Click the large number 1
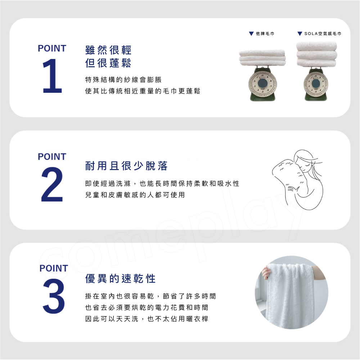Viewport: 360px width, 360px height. (53, 76)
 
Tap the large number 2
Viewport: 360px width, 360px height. (52, 184)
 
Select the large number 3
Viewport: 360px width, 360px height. (54, 296)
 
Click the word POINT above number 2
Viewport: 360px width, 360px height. (52, 157)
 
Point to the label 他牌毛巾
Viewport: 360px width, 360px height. (265, 34)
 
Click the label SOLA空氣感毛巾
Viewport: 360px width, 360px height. (323, 34)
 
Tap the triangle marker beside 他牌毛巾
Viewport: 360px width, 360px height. (251, 34)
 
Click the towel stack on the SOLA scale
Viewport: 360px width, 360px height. (317, 54)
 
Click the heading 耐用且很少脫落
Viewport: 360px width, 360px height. (126, 166)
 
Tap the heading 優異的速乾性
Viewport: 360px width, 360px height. (120, 279)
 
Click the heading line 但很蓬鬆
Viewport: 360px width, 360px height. (108, 63)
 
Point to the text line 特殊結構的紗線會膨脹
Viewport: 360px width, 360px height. (123, 80)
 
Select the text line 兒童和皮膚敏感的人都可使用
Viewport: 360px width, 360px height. (135, 195)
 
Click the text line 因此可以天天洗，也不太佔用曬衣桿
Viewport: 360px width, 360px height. (147, 319)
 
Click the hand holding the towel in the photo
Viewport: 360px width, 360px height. (266, 272)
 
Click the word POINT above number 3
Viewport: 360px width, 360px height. (54, 268)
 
